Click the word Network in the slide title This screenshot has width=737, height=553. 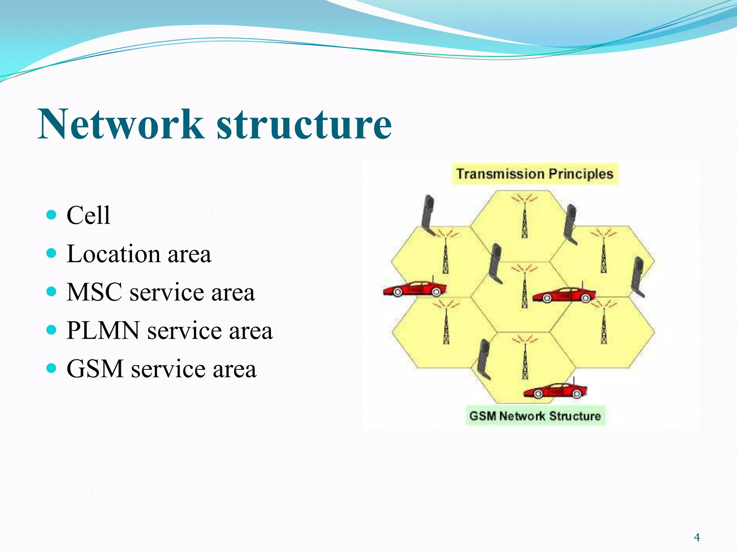pos(121,124)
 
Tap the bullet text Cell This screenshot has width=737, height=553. pos(89,215)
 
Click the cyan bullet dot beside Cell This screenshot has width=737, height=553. pos(52,215)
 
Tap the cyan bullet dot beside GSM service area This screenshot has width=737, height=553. pos(52,368)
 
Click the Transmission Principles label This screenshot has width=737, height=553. pos(535,174)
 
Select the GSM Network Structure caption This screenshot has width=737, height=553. pos(535,416)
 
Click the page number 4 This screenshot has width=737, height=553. pos(697,538)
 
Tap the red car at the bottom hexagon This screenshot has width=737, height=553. pos(555,391)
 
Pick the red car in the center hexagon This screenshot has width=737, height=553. pos(564,295)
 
